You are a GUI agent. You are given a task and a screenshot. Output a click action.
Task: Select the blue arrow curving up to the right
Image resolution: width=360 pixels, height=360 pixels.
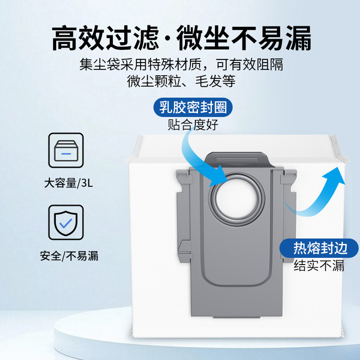coord(322,191)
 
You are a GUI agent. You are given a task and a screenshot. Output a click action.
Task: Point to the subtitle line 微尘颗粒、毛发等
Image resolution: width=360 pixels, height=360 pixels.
coord(181,82)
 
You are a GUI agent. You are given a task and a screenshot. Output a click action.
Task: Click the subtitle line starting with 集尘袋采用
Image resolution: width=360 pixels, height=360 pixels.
coord(181,64)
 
